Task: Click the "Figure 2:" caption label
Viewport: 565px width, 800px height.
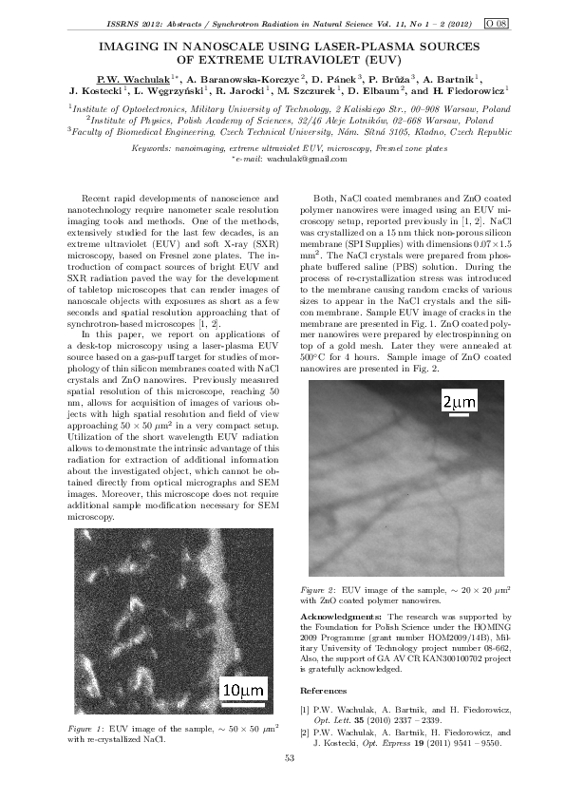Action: click(x=318, y=589)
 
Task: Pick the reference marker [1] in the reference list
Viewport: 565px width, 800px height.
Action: click(x=305, y=709)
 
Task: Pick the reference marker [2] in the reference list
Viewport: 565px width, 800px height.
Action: click(x=305, y=733)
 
